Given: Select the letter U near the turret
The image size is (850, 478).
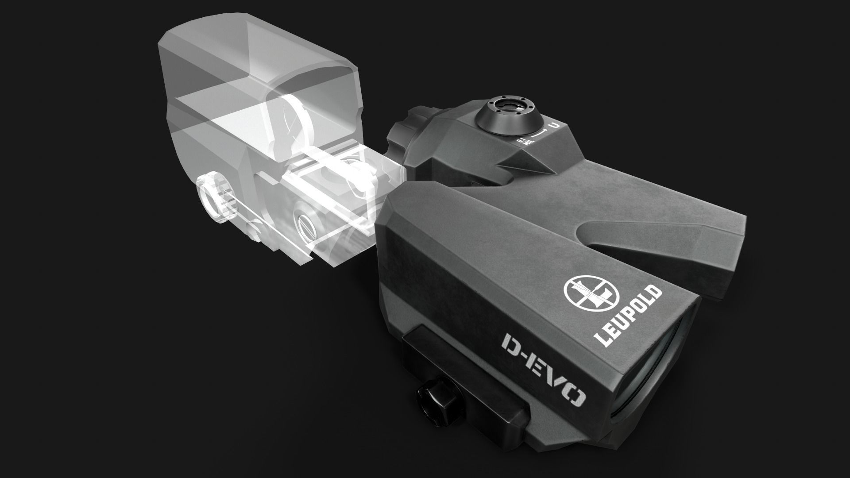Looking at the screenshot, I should [553, 125].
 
